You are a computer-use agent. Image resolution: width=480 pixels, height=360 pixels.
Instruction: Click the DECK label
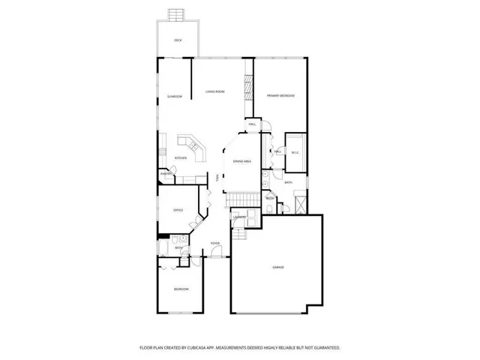[x=178, y=40]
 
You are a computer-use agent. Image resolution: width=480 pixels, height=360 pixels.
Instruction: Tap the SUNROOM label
[x=175, y=97]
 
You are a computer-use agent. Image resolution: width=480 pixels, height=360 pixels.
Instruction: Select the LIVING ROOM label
[x=215, y=91]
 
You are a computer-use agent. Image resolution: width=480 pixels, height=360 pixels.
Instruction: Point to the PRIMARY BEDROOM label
[x=280, y=96]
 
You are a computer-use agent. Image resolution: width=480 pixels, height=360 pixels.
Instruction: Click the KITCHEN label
[x=181, y=157]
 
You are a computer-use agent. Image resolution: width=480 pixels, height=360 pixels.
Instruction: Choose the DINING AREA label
[x=241, y=161]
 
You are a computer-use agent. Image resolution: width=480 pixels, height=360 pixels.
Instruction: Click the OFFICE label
[x=178, y=210]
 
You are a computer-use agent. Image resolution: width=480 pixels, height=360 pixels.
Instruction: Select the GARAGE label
[x=277, y=268]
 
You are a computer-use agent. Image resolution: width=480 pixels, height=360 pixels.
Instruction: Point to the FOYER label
[x=214, y=244]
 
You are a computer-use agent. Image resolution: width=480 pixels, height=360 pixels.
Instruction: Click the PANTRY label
[x=166, y=174]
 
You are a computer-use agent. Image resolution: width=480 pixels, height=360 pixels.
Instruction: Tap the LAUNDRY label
[x=239, y=217]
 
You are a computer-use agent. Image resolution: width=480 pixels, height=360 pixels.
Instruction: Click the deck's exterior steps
[x=177, y=14]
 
